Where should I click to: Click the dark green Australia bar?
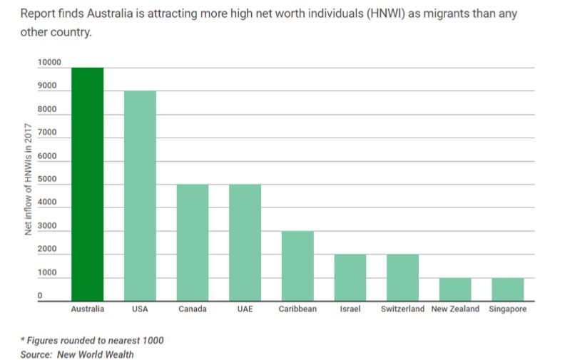point(88,184)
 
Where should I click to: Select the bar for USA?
point(140,196)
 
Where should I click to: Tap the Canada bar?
point(193,242)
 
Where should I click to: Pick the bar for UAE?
point(245,242)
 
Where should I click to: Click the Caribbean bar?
point(297,266)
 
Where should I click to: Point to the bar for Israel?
point(350,277)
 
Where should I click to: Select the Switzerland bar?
point(402,277)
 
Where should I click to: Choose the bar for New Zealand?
point(455,289)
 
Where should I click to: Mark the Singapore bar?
point(507,289)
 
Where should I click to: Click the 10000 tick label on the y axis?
point(49,62)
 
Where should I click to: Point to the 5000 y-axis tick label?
point(47,179)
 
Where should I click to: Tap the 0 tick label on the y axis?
point(40,295)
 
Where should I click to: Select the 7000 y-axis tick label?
point(47,132)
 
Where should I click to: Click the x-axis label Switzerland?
point(402,309)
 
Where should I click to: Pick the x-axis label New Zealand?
point(455,309)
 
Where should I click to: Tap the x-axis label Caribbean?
point(297,309)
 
